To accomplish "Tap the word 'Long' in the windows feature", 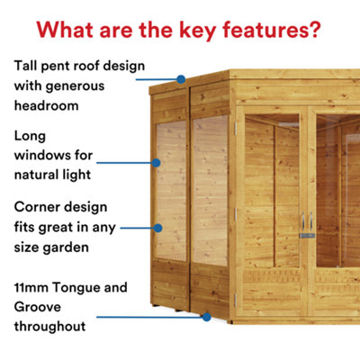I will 31,136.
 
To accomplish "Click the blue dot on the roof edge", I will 181,79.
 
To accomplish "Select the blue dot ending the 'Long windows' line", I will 157,163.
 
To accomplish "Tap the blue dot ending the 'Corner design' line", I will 159,229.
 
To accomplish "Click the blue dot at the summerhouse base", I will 208,316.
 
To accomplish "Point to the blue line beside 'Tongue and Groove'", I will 148,316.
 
